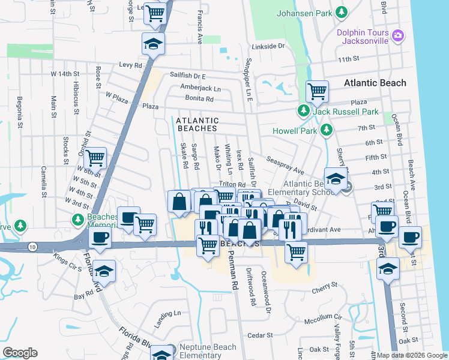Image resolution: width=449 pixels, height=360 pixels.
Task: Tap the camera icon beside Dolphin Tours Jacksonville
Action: coord(397,37)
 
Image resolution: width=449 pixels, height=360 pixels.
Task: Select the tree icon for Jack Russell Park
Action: coord(304,111)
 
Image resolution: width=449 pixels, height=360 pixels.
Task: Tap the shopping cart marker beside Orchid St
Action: coord(95,158)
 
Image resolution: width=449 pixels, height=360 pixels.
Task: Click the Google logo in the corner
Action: coord(20,353)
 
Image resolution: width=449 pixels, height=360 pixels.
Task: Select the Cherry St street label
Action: coord(325,291)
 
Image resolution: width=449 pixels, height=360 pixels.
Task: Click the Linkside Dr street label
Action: coord(267,46)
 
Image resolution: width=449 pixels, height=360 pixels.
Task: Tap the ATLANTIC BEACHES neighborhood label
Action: coord(197,124)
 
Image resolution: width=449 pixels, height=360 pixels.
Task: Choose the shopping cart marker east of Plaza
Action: coord(317,91)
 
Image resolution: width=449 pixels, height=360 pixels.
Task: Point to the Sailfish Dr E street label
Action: coord(187,77)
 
